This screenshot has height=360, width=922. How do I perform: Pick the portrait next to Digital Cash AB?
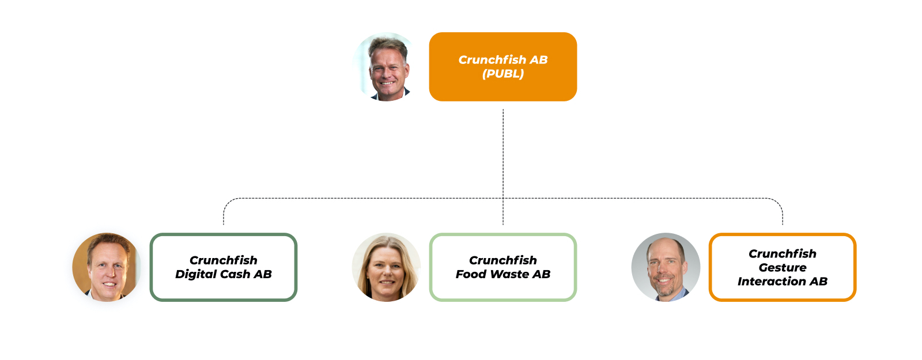[107, 267]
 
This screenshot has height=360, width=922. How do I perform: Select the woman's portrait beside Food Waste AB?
[386, 267]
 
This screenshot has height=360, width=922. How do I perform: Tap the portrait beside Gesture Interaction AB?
[666, 267]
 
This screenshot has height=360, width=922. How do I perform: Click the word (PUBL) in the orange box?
[503, 74]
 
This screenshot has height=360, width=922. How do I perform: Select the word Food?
[471, 274]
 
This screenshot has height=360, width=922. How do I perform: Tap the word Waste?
[509, 274]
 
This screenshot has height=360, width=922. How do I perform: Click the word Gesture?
[782, 267]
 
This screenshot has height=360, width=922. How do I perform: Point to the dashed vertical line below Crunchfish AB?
[503, 150]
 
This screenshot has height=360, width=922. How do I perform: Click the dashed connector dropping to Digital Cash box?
[224, 214]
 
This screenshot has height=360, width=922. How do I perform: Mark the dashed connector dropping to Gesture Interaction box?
[783, 214]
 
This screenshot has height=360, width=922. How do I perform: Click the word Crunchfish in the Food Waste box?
[502, 260]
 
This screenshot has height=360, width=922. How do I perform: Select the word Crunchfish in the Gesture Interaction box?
[782, 253]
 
